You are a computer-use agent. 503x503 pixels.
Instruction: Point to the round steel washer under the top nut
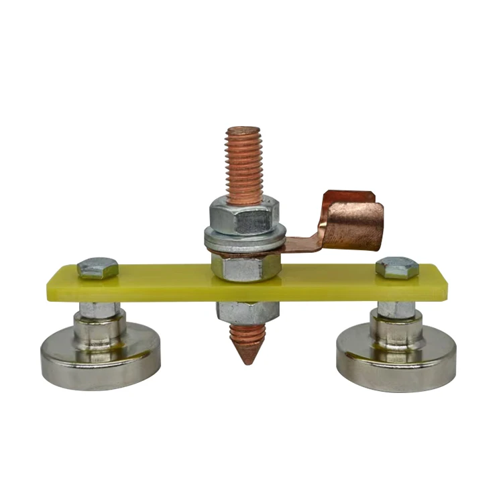[245, 237]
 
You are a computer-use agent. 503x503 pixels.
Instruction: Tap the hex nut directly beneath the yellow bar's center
[247, 311]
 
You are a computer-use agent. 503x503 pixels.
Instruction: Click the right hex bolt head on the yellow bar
[397, 267]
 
